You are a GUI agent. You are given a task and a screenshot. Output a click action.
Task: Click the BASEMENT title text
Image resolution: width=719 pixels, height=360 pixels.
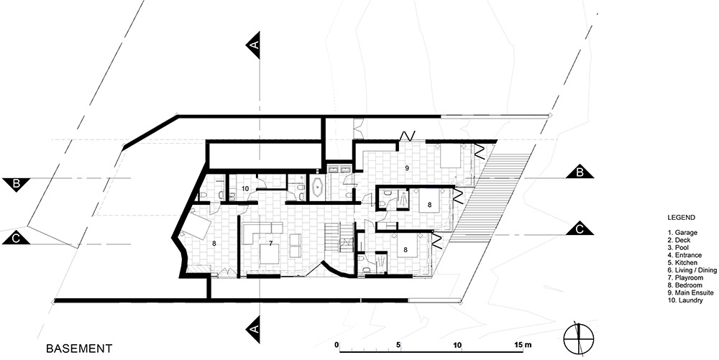(x=79, y=349)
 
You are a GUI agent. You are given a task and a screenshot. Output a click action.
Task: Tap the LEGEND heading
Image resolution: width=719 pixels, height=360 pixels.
(x=681, y=218)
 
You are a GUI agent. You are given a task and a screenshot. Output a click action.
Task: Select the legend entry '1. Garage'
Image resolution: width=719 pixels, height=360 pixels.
(x=682, y=233)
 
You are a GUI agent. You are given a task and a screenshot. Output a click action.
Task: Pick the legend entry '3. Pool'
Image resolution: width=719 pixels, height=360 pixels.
(x=679, y=248)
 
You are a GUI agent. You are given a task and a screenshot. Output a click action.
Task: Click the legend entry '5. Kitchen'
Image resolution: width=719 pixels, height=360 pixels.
(x=682, y=263)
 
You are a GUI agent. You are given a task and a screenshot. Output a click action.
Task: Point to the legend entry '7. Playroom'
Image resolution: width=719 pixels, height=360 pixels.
(x=684, y=277)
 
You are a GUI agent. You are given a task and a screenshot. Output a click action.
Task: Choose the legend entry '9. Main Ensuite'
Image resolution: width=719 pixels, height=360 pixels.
(x=690, y=292)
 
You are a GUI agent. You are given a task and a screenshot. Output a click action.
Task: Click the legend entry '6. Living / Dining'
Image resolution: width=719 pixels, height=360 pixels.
(x=692, y=270)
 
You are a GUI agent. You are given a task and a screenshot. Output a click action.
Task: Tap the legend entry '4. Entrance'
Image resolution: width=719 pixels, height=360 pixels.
(x=684, y=255)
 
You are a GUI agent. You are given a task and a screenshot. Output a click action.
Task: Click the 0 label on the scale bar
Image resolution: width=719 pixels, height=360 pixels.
(x=336, y=344)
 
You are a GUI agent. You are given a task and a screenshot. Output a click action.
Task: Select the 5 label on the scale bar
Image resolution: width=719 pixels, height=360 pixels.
(x=399, y=344)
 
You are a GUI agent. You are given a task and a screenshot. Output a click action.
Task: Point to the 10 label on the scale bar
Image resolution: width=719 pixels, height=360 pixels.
(x=457, y=344)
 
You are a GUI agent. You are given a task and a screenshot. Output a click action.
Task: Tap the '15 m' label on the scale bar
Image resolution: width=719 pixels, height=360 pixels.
(x=523, y=344)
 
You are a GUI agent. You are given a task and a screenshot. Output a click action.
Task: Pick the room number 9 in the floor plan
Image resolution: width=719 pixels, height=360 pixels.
(x=407, y=168)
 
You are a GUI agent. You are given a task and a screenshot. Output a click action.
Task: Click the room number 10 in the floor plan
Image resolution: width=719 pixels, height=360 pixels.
(x=245, y=188)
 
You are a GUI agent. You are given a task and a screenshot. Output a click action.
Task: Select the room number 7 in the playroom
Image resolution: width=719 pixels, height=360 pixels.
(x=257, y=242)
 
